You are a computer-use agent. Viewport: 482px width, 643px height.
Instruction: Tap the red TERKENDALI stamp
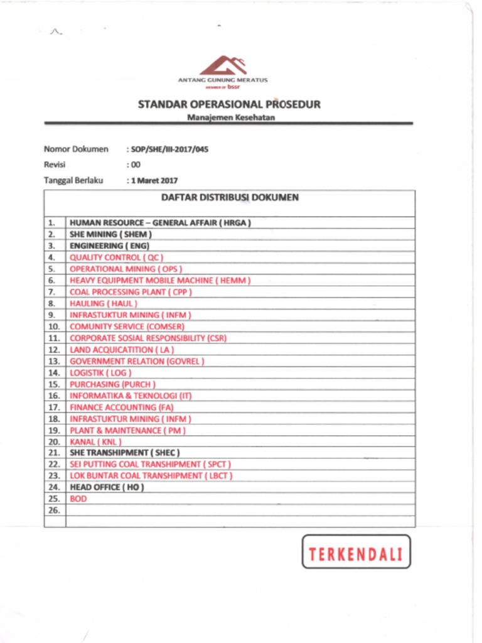tap(356, 552)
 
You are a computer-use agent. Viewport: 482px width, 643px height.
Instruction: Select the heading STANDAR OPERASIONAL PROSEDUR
tap(229, 104)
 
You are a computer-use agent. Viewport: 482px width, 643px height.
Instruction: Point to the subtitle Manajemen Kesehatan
tap(231, 117)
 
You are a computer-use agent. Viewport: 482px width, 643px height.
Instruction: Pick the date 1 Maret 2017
tap(154, 180)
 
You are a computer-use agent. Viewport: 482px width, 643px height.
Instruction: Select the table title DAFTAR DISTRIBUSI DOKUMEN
tap(230, 197)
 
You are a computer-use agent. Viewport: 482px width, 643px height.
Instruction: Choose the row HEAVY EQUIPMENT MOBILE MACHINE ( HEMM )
tap(160, 281)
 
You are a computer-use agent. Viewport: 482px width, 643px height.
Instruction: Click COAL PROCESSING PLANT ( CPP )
tap(131, 292)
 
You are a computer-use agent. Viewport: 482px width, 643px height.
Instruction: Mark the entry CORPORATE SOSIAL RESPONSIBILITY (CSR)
tap(148, 338)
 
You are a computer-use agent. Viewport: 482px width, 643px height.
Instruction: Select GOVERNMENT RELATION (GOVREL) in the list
tap(137, 361)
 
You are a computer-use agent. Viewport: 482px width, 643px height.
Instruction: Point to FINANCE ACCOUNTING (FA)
tap(122, 407)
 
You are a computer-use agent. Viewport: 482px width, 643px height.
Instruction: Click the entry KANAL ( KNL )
tap(95, 441)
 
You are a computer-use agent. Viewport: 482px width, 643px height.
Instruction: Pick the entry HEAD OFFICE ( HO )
tap(107, 487)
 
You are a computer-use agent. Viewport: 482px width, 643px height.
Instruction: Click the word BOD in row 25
tap(78, 499)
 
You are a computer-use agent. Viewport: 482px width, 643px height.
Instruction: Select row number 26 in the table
tap(54, 511)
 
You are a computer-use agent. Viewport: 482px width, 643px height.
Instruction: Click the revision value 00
tap(135, 165)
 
